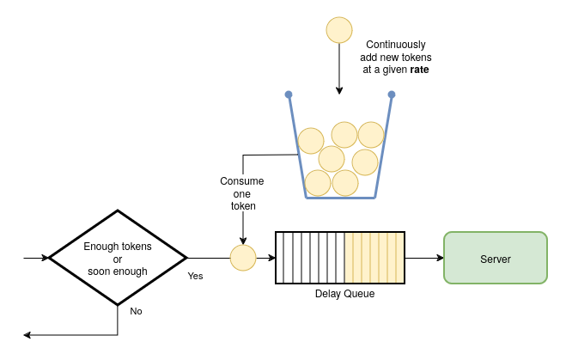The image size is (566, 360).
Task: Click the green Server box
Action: click(x=495, y=258)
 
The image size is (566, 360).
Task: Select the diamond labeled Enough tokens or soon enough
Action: click(x=118, y=258)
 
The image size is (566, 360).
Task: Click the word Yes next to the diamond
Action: click(x=195, y=276)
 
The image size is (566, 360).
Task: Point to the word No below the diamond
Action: click(x=136, y=311)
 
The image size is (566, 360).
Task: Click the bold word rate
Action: click(x=418, y=70)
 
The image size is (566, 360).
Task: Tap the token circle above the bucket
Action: click(x=339, y=30)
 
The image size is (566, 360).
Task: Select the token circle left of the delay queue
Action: click(x=243, y=258)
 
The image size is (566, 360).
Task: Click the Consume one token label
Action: click(x=242, y=193)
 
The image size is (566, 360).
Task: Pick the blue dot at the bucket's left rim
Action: click(x=289, y=95)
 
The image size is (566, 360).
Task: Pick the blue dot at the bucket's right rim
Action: click(x=392, y=95)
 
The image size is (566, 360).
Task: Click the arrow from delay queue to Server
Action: click(x=423, y=258)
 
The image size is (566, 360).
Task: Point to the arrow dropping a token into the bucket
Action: click(x=339, y=69)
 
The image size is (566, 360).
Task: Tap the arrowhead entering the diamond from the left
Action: click(x=45, y=258)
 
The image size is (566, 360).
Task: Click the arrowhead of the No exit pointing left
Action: click(x=28, y=334)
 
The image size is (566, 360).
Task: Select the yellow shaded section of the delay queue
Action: click(x=374, y=258)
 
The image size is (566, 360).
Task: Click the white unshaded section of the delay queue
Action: click(x=309, y=258)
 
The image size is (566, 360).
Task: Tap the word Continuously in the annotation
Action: click(x=396, y=45)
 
